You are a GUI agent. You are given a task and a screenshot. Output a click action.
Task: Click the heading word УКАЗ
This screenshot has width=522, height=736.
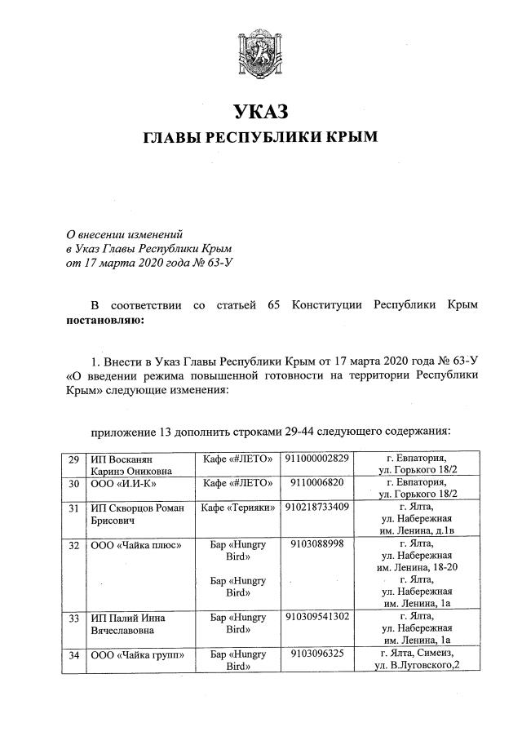pos(261,110)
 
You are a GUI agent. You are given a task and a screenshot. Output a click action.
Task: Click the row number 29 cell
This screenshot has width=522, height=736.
pos(73,459)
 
